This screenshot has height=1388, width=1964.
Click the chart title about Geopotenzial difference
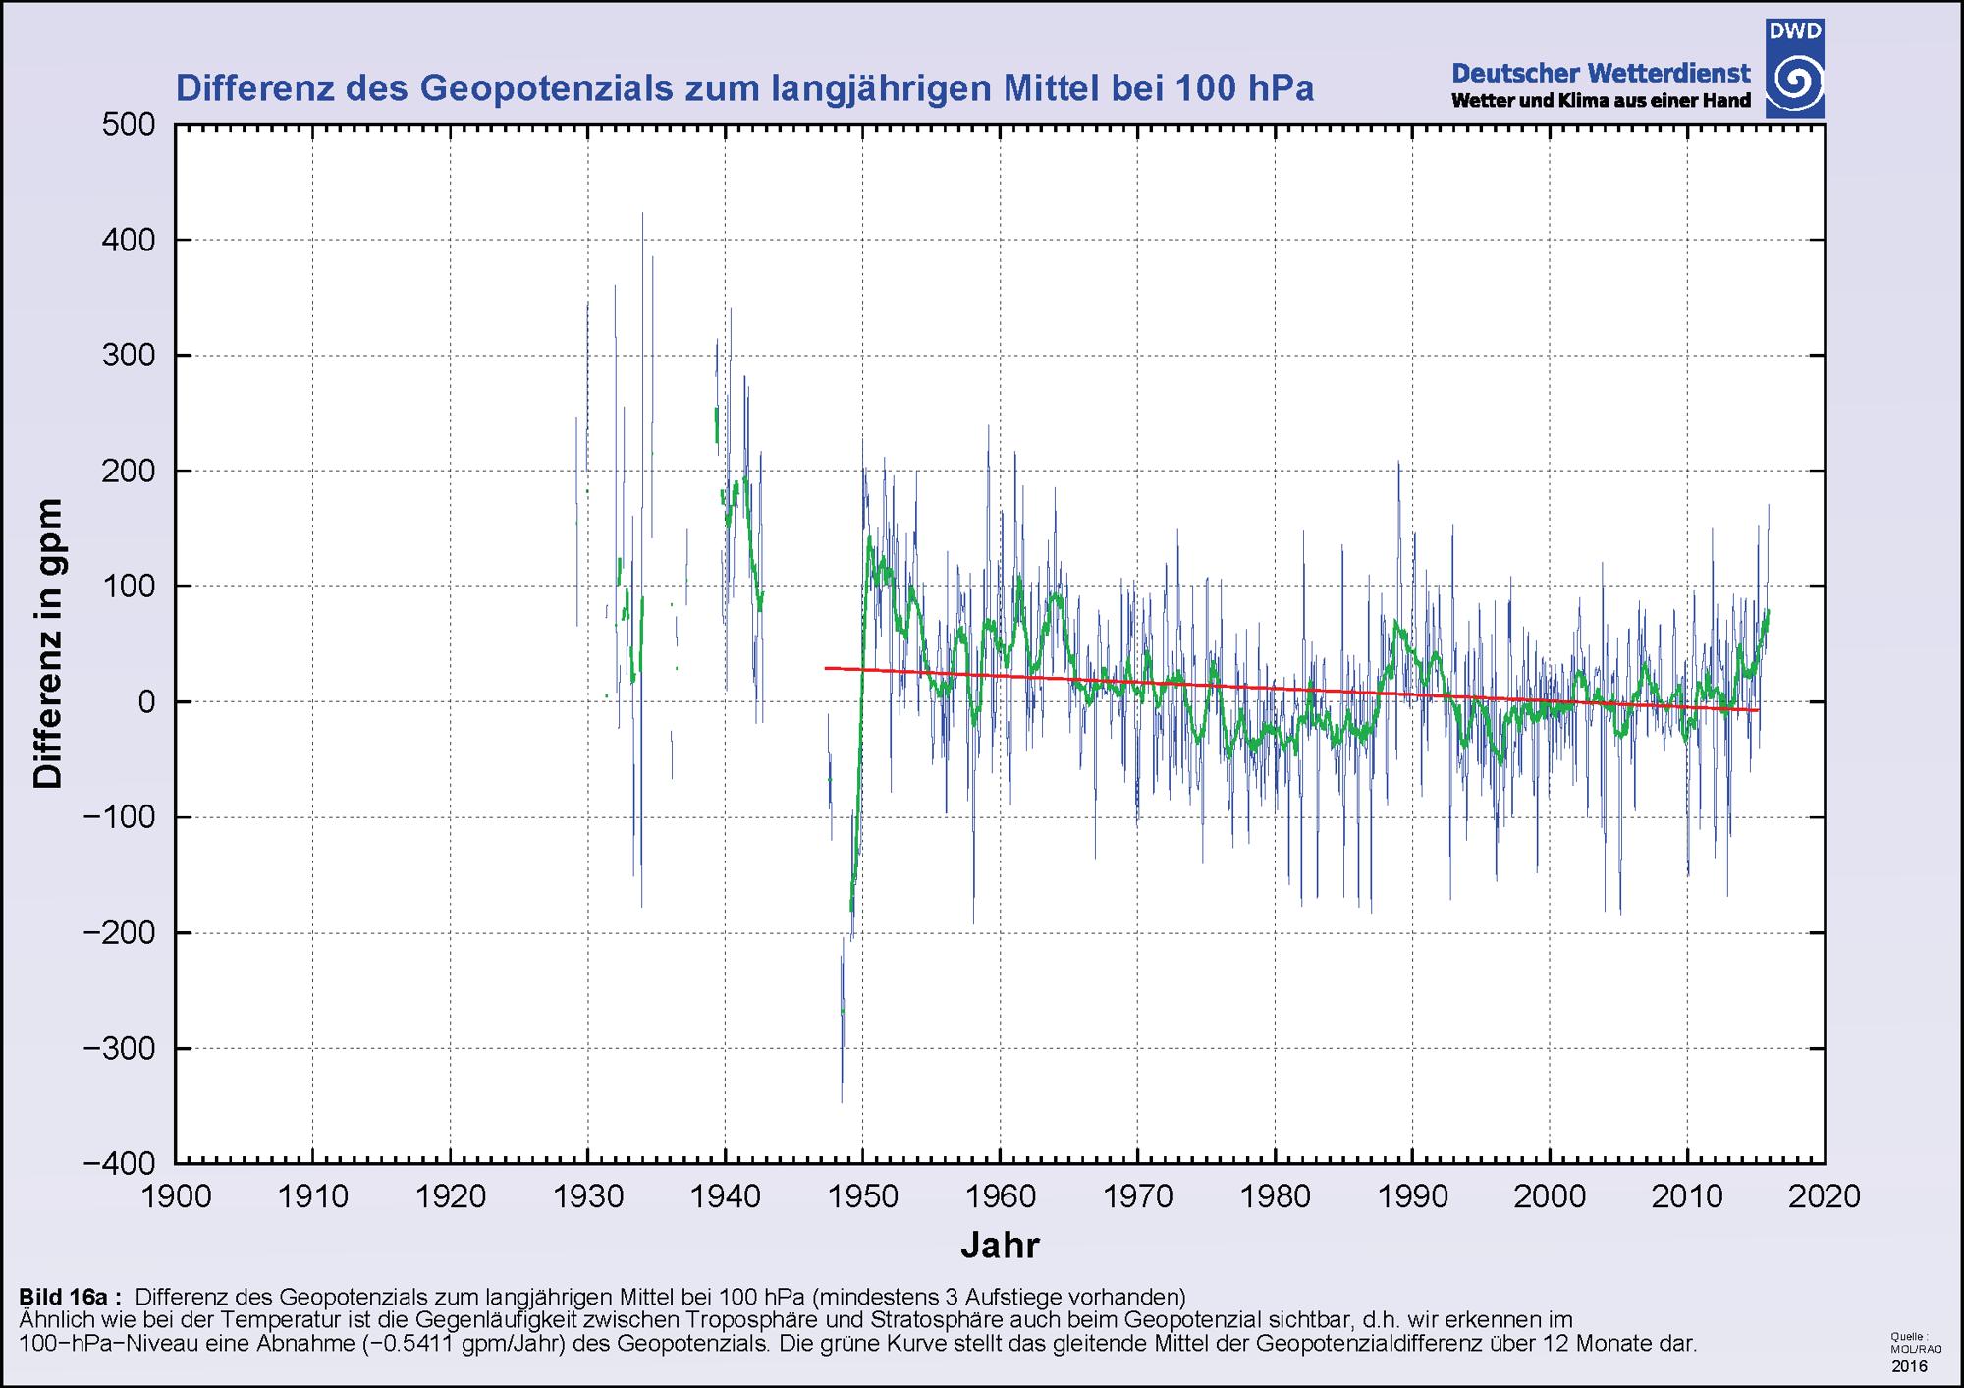coord(743,89)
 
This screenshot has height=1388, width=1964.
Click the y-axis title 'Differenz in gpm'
coord(47,643)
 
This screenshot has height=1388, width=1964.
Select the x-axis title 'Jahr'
coord(1000,1246)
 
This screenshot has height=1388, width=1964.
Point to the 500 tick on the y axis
coord(129,125)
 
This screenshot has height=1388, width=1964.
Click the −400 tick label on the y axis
coord(120,1163)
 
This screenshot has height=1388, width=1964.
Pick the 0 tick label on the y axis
coord(146,702)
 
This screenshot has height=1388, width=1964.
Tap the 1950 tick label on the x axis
coord(862,1196)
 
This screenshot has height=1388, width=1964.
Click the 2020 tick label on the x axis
coord(1825,1196)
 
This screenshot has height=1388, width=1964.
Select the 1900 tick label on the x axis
coord(176,1196)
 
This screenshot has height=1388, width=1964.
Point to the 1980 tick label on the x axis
coord(1275,1196)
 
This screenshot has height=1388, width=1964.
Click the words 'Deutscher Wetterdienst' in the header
coord(1601,73)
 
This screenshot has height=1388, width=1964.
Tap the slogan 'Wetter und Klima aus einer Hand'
coord(1601,101)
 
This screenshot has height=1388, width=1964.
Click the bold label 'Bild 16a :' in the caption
coord(70,1296)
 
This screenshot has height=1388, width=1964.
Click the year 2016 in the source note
coord(1909,1366)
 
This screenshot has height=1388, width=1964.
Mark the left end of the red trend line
coord(827,668)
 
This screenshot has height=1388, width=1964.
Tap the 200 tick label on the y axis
coord(129,472)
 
